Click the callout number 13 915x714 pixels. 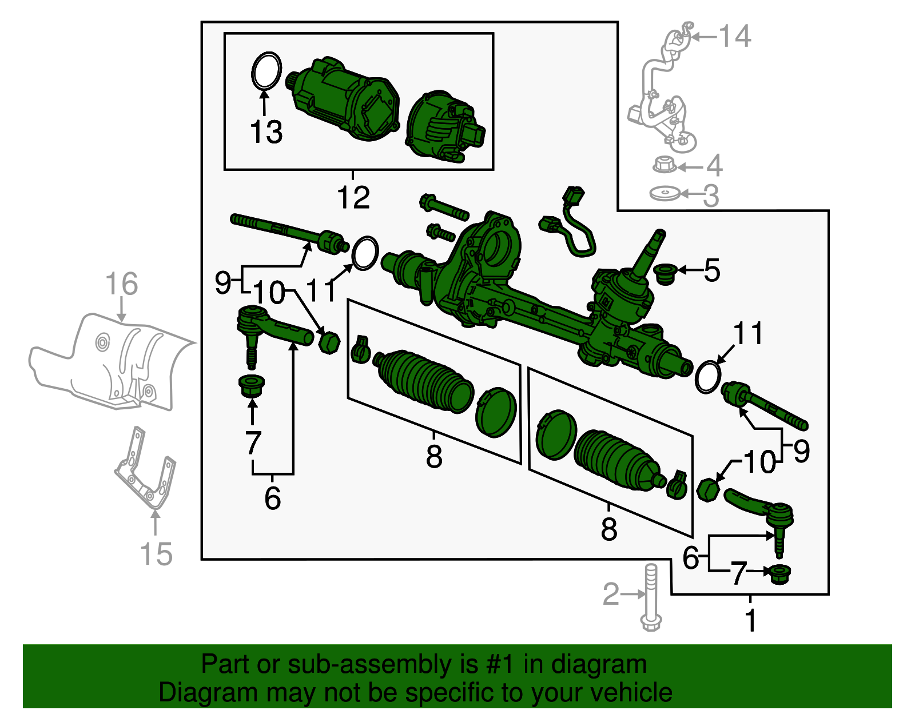coord(266,133)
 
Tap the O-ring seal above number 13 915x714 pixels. coord(266,71)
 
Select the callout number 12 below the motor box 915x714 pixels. coord(353,198)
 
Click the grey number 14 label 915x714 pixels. coord(734,37)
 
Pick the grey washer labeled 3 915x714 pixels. coord(665,194)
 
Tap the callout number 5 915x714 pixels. coord(711,270)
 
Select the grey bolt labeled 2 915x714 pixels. coord(651,597)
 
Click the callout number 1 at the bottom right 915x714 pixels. coord(751,621)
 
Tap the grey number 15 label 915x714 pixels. coord(156,554)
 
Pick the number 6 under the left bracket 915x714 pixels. coord(272,498)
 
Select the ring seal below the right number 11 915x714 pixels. coord(707,377)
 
